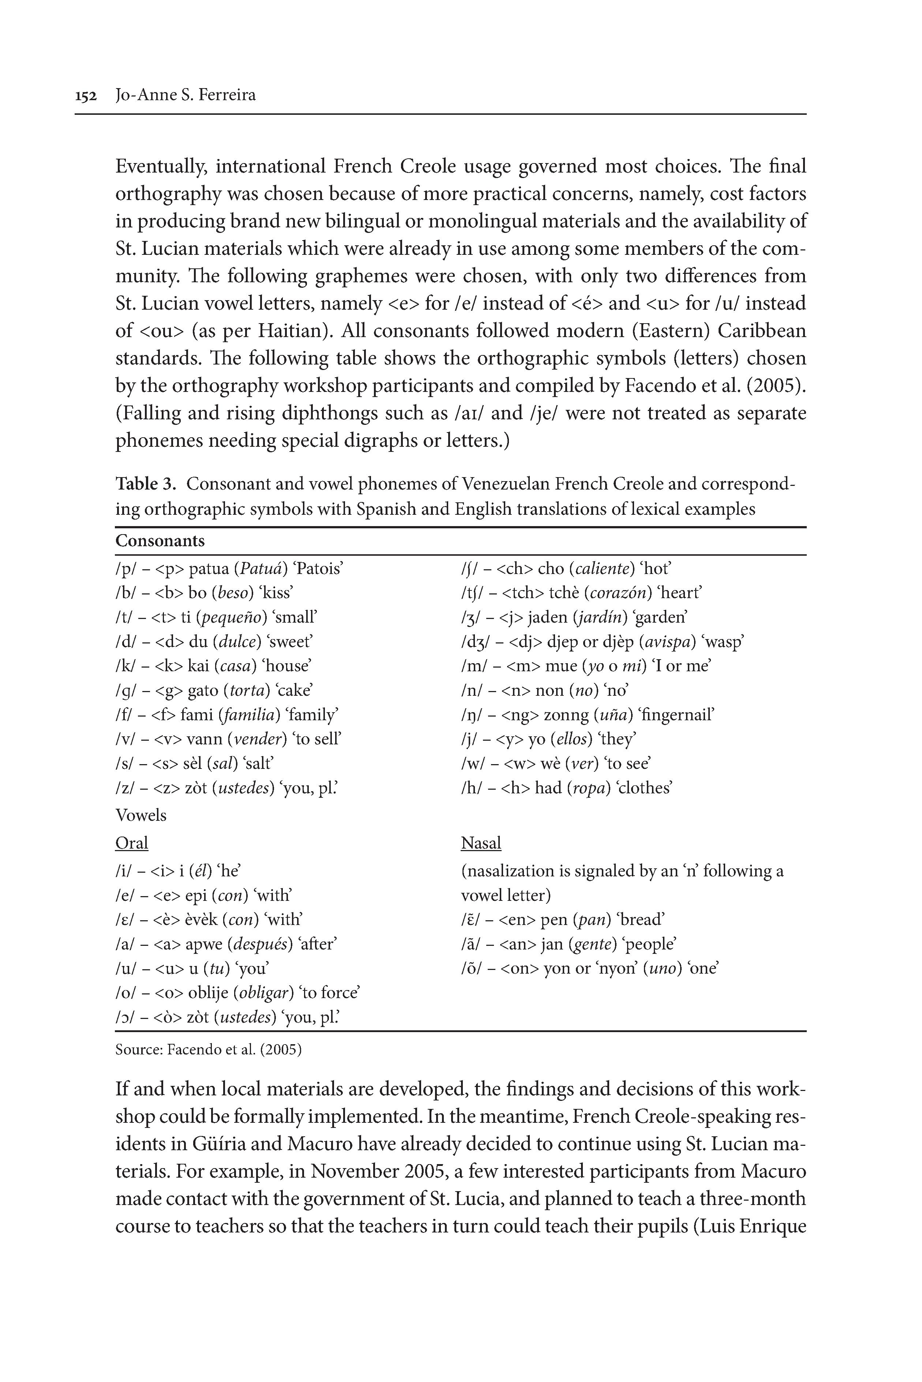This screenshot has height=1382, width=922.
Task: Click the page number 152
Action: point(86,96)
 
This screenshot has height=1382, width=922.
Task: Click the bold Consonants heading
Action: point(160,541)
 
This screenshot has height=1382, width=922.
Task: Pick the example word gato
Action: point(203,690)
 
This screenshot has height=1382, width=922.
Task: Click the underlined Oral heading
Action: point(132,843)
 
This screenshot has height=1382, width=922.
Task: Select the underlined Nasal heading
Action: point(481,843)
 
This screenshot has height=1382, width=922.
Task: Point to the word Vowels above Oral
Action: point(141,816)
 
